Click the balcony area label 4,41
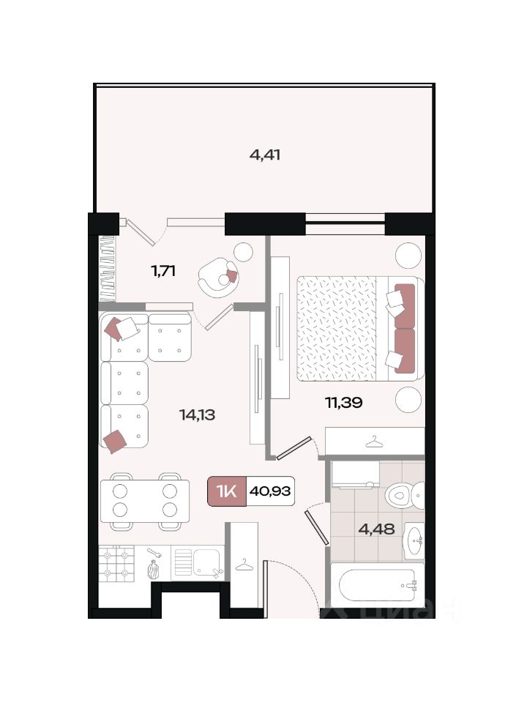(x=265, y=155)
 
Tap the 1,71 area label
(x=163, y=271)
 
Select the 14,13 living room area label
(x=197, y=414)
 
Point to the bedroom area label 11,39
(x=344, y=403)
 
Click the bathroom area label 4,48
(x=376, y=529)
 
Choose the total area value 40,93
(x=270, y=491)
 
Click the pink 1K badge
(x=227, y=491)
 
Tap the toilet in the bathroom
(x=404, y=496)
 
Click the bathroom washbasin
(x=414, y=540)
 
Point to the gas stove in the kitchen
(x=116, y=564)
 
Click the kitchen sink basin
(x=206, y=562)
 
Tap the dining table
(x=145, y=501)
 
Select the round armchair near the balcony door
(x=218, y=277)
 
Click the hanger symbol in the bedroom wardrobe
(x=374, y=442)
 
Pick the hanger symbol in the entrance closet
(x=244, y=565)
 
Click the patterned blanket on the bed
(x=336, y=328)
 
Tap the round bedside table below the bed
(x=408, y=399)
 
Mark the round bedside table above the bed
(x=408, y=255)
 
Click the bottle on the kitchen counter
(x=153, y=570)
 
